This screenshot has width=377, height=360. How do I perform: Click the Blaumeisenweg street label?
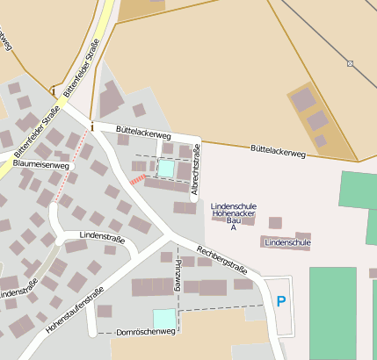[41, 164]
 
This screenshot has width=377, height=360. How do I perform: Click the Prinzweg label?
[178, 275]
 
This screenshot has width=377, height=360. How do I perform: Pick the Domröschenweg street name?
[147, 332]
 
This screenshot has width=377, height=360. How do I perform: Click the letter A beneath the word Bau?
[234, 228]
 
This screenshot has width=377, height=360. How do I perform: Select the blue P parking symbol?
[281, 301]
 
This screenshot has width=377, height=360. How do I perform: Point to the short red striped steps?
[137, 179]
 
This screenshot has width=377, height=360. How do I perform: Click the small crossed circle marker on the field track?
[351, 63]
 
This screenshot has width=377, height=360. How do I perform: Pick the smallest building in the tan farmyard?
[321, 140]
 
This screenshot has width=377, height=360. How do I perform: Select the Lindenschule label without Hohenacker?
[286, 241]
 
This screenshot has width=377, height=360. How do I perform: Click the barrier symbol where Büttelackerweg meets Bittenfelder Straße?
[91, 126]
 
